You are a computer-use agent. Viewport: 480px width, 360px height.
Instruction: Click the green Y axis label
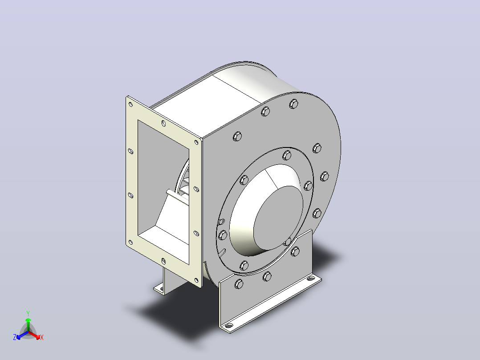pyautogui.click(x=28, y=314)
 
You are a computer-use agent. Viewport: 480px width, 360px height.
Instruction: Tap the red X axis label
pyautogui.click(x=42, y=337)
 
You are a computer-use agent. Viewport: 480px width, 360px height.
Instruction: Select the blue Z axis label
pyautogui.click(x=15, y=337)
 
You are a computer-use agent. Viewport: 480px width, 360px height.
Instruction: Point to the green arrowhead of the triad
pyautogui.click(x=28, y=320)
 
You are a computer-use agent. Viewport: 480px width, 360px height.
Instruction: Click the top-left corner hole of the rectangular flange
pyautogui.click(x=131, y=104)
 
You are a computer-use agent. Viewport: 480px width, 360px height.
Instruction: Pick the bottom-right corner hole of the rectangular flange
pyautogui.click(x=196, y=280)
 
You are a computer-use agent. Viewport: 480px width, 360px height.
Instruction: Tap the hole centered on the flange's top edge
pyautogui.click(x=163, y=123)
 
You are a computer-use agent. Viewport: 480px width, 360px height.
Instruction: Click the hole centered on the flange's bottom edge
pyautogui.click(x=163, y=261)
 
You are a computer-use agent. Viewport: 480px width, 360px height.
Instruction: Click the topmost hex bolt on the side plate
pyautogui.click(x=293, y=104)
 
